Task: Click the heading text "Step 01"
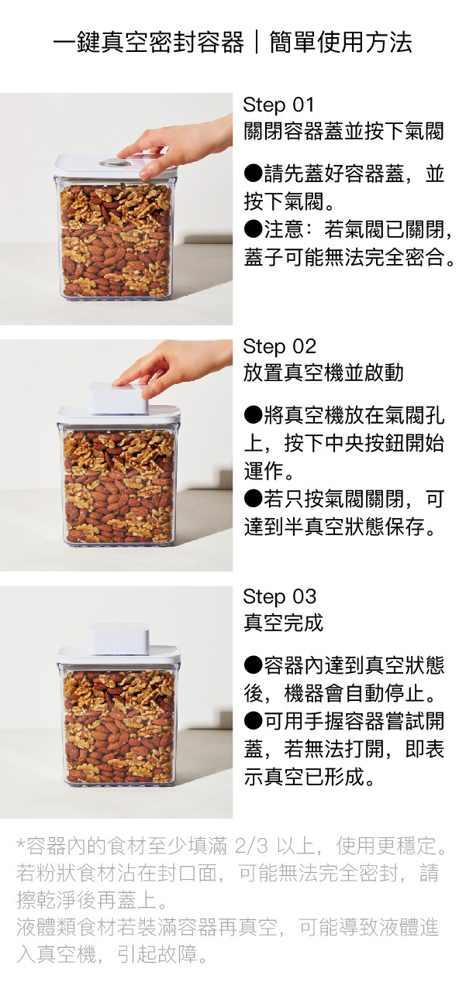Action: coord(278,105)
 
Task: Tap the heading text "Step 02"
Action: coord(279,347)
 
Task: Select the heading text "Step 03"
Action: coord(279,596)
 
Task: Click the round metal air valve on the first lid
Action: coord(112,163)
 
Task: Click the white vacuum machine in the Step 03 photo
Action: coord(119,639)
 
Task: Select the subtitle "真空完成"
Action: coord(284,623)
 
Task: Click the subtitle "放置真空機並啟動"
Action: coord(323,373)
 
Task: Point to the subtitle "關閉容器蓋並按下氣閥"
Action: coord(343,131)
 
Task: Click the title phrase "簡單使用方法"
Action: coord(341,43)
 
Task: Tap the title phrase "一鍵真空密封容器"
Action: coord(149,43)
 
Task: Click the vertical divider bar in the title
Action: coord(257,43)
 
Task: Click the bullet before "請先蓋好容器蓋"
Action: coord(254,174)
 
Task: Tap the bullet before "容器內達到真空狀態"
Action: coord(254,665)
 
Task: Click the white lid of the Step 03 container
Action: coord(119,654)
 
